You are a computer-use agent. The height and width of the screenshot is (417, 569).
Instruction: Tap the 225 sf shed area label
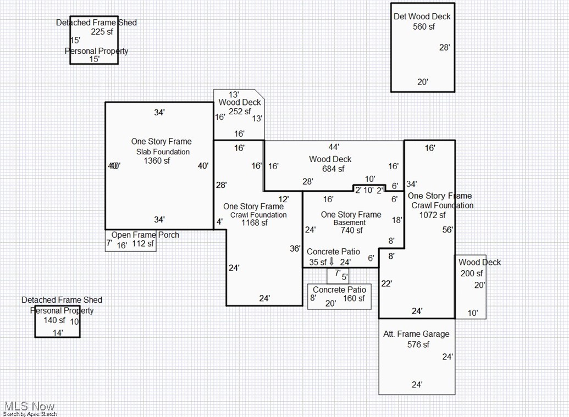tap(101, 32)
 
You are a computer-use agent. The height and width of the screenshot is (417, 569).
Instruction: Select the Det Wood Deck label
tap(422, 16)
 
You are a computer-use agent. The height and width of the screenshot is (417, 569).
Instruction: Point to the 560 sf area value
tap(423, 26)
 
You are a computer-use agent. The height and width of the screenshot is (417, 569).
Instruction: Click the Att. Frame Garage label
tap(416, 334)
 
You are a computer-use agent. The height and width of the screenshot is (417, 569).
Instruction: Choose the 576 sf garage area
tap(418, 344)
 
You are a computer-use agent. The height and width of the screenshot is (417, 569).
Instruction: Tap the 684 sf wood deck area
tap(334, 169)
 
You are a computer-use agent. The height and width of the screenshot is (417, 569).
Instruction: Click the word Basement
tap(350, 223)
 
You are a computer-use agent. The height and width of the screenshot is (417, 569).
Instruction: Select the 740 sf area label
tap(351, 231)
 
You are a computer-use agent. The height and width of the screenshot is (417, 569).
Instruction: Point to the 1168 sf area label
tap(255, 223)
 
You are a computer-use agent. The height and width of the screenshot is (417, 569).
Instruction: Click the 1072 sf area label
tap(432, 215)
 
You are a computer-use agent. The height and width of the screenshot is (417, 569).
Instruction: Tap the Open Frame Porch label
tap(145, 235)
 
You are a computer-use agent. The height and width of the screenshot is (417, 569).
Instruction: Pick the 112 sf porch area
tap(143, 244)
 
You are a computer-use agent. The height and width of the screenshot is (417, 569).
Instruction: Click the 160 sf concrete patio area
tap(354, 299)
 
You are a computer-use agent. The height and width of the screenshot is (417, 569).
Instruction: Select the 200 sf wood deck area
tap(471, 274)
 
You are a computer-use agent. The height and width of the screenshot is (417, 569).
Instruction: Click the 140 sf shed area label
tap(54, 320)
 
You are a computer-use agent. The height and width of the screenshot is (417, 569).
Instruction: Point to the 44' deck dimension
tap(334, 147)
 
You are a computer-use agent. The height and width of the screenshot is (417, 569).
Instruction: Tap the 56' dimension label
tap(448, 230)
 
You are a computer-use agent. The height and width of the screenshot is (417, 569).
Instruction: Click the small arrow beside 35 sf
tap(332, 262)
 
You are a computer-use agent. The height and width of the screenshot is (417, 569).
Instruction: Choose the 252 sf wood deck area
tap(240, 112)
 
